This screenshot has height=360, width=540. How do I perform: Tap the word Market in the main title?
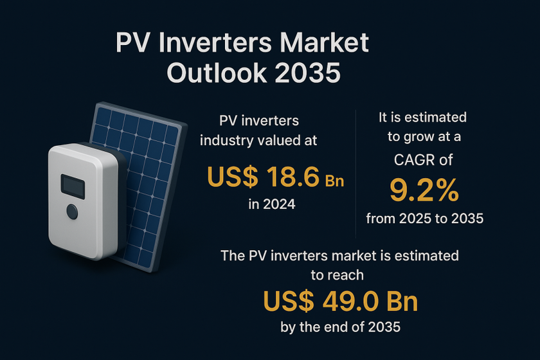[324, 42]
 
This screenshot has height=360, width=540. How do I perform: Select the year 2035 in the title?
[307, 73]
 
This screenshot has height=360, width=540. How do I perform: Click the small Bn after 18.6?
[334, 181]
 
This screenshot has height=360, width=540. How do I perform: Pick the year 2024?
[279, 204]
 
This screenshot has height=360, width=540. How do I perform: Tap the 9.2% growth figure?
[424, 190]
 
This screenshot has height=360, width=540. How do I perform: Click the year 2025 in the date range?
[415, 219]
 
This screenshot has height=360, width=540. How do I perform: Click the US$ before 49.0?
[289, 301]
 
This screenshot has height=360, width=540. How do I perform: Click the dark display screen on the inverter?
[73, 186]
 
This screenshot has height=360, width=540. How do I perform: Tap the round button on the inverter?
[72, 212]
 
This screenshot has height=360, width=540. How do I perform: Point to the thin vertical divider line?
[355, 174]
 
